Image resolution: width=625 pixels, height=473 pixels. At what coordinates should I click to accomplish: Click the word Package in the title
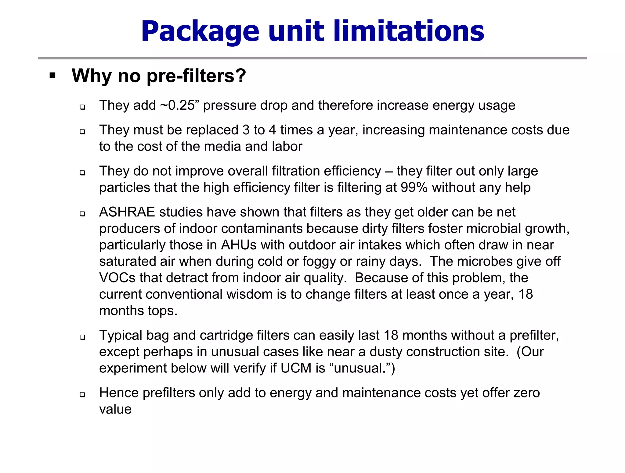point(200,32)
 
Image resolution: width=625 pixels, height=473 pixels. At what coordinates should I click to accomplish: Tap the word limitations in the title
point(409,31)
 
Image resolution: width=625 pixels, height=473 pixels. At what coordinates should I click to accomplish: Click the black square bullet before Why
point(52,75)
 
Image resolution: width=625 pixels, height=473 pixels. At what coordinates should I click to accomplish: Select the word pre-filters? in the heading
point(196,76)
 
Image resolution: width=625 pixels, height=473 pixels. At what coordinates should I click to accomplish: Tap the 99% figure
point(414,187)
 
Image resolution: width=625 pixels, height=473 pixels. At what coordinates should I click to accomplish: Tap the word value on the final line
point(115,409)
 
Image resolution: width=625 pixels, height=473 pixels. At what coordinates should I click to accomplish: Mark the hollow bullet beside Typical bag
point(82,337)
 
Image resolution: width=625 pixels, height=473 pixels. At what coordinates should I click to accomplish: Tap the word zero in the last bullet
point(526,393)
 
